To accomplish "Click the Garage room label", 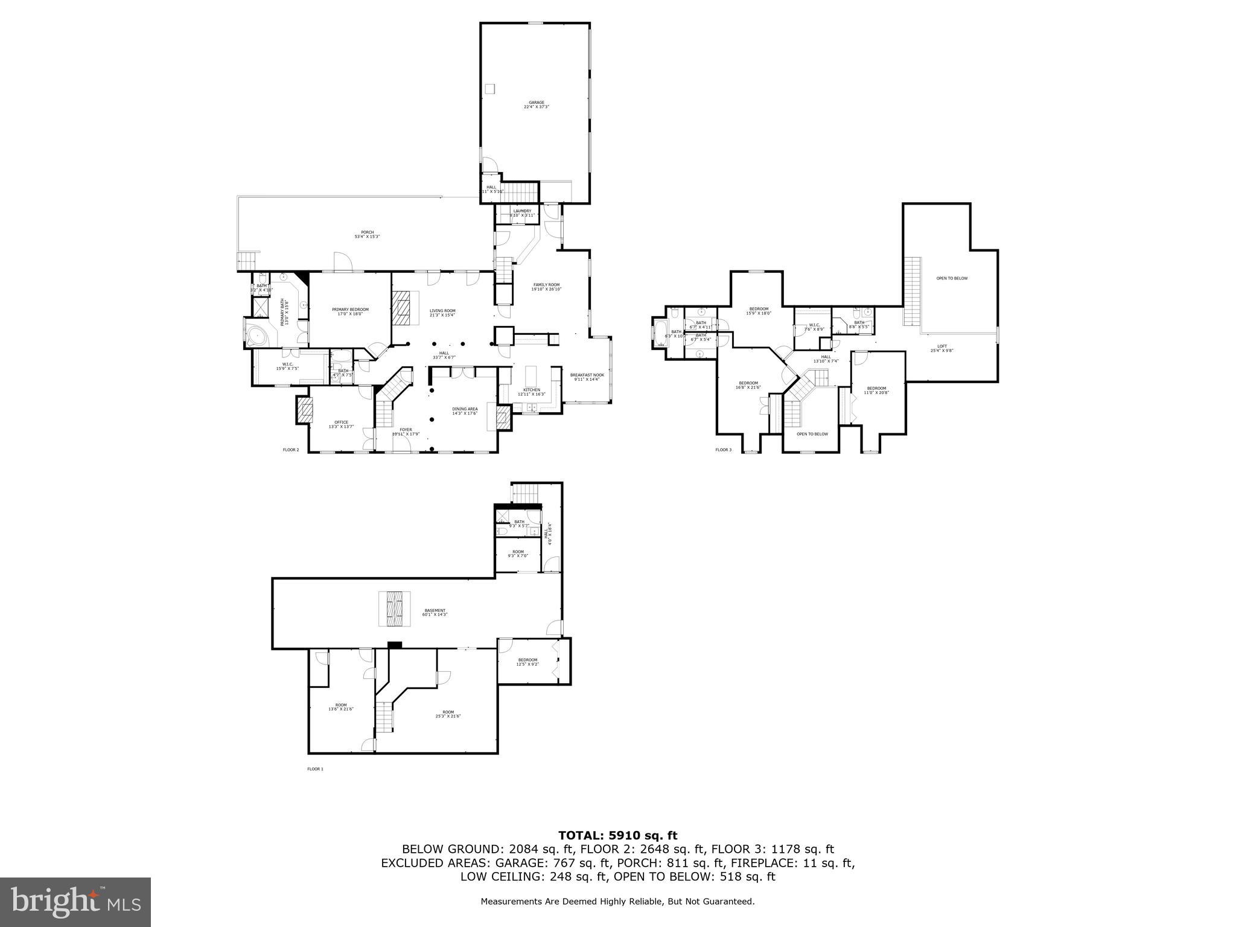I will [536, 104].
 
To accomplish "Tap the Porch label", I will [367, 234].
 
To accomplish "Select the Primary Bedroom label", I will [350, 311].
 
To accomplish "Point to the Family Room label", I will [546, 287].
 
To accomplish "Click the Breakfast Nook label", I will [586, 377].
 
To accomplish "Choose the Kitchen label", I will [531, 392].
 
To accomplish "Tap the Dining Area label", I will [465, 411].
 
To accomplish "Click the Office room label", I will [341, 424].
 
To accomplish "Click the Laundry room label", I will [522, 212].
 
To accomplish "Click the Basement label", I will [435, 613].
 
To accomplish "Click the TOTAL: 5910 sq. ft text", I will [617, 835].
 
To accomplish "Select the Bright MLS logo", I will [75, 902].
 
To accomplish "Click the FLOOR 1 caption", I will [315, 769].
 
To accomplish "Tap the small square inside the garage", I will [490, 89].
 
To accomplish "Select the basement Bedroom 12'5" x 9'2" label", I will [527, 662].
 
